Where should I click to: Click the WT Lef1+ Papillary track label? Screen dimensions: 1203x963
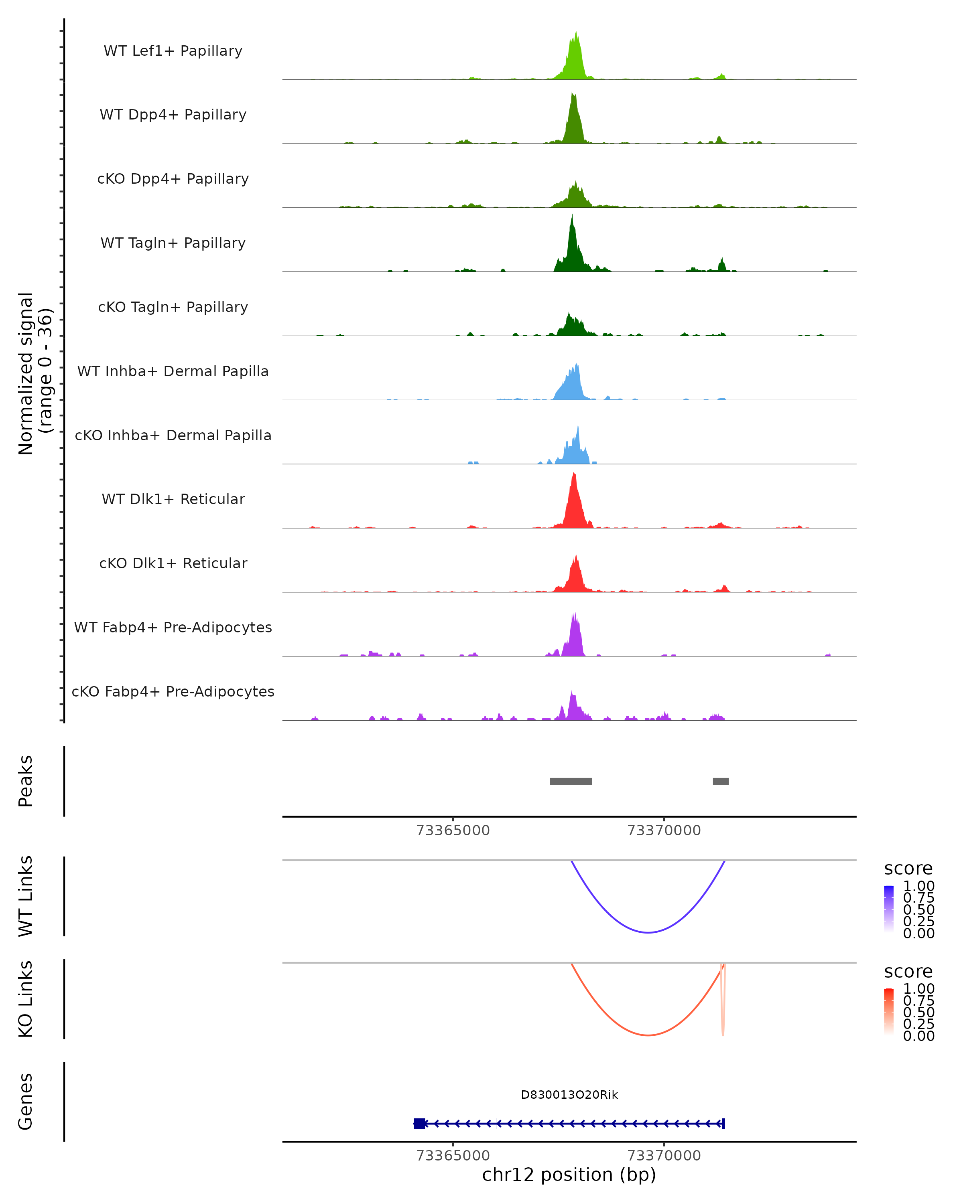pyautogui.click(x=173, y=51)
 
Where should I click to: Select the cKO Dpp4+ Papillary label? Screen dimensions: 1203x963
pyautogui.click(x=173, y=179)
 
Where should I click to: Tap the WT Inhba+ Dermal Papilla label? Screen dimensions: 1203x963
pyautogui.click(x=173, y=372)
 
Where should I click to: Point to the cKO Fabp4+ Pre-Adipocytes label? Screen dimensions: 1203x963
pyautogui.click(x=173, y=692)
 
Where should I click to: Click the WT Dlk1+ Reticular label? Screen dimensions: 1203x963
pyautogui.click(x=173, y=499)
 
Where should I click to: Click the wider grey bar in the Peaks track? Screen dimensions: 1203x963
pyautogui.click(x=571, y=781)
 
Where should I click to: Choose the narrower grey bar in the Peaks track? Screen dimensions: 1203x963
pyautogui.click(x=721, y=781)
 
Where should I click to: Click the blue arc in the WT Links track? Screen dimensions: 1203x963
pyautogui.click(x=648, y=932)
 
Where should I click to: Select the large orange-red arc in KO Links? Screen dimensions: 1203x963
pyautogui.click(x=648, y=1035)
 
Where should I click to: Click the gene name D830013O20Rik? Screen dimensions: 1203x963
pyautogui.click(x=569, y=1095)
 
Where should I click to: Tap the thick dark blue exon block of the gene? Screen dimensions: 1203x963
pyautogui.click(x=419, y=1124)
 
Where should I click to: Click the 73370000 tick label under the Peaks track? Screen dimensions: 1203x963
pyautogui.click(x=664, y=831)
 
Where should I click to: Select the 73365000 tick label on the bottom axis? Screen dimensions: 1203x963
pyautogui.click(x=453, y=1156)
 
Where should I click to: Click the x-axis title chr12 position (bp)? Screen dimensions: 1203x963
pyautogui.click(x=569, y=1175)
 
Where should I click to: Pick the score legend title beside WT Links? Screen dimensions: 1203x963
pyautogui.click(x=908, y=869)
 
